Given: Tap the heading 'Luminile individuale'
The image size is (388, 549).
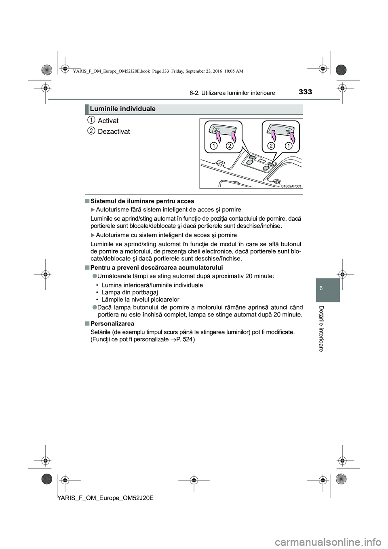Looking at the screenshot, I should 123,109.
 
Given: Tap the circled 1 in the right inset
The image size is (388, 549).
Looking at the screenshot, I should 288,145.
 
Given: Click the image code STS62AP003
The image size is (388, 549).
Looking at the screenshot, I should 291,186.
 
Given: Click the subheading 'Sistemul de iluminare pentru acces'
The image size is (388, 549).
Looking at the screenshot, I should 142,201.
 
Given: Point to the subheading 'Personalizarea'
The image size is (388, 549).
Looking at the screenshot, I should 112,324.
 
